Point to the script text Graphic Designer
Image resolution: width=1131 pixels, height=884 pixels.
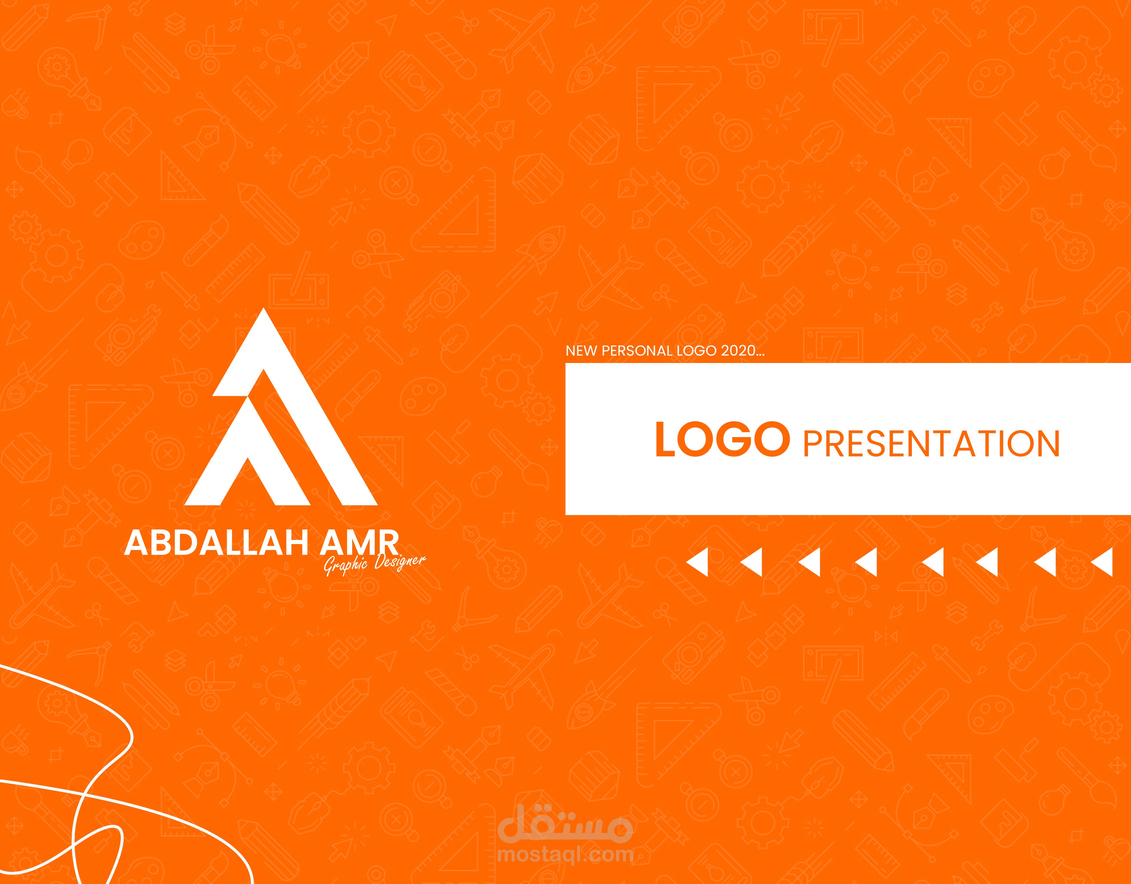click(x=375, y=564)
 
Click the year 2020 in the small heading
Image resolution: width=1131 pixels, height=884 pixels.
click(x=738, y=351)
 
